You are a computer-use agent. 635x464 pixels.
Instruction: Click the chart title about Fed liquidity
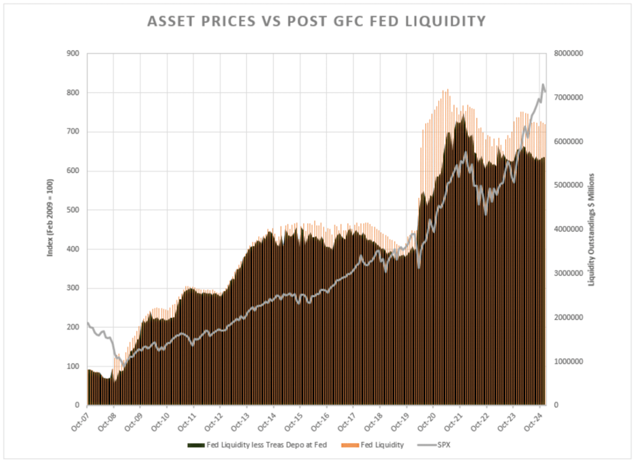(317, 22)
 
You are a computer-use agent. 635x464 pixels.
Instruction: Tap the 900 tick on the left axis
(73, 54)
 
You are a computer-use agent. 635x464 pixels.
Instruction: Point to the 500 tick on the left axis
(73, 210)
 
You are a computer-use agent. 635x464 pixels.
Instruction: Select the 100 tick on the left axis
(73, 366)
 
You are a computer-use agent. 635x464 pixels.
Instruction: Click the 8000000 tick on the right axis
(573, 54)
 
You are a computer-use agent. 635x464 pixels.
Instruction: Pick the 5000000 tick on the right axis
(573, 185)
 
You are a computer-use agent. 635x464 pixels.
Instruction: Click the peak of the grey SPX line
(543, 85)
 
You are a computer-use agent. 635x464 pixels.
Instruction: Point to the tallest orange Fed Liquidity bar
(447, 90)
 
